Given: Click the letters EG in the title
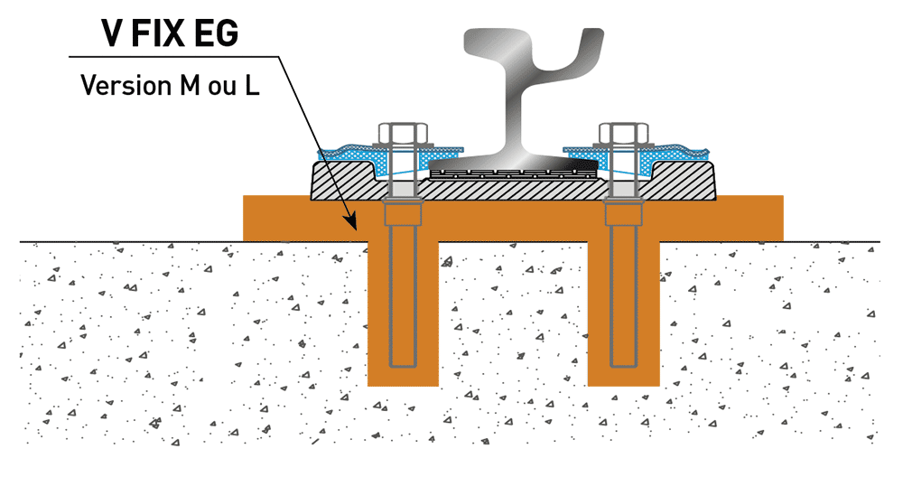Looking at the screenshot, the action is click(216, 33).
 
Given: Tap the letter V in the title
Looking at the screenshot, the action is click(113, 33).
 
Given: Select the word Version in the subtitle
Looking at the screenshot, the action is click(126, 85).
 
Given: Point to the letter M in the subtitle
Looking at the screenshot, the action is click(191, 85).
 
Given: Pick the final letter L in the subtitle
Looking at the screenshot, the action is click(252, 85).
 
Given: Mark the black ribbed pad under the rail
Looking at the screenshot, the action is click(514, 173).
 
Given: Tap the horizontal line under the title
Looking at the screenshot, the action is click(174, 56).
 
